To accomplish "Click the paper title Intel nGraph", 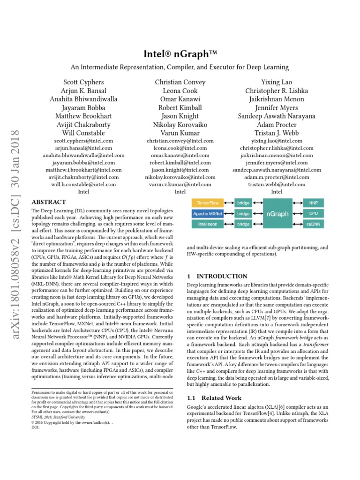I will coord(180,54).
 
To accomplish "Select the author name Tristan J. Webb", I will coord(277,133).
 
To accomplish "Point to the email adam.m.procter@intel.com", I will coord(277,178).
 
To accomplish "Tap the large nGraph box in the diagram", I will coord(277,214).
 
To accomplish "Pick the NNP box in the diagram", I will coord(313,203).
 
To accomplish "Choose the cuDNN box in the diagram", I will coord(313,225).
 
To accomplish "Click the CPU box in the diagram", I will coord(313,214).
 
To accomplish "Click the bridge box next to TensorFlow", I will coord(243,203).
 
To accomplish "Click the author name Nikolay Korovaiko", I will coord(180,124).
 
